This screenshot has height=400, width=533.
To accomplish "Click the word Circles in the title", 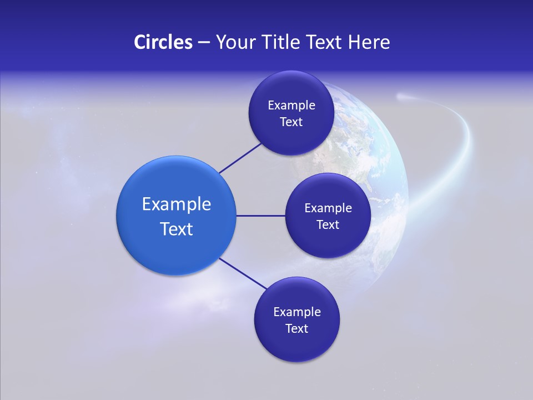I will (163, 42).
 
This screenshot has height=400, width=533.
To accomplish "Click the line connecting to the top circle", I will (240, 158).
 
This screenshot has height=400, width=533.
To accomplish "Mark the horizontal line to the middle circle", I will (260, 216).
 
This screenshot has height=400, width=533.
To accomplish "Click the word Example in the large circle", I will (177, 204).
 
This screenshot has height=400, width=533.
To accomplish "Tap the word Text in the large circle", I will (177, 229).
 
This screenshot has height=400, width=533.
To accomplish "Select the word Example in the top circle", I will (291, 106).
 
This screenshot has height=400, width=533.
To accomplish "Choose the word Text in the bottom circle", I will (296, 329).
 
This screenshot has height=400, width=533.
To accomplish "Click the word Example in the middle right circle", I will (328, 208).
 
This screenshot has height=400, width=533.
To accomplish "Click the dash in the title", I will (204, 42).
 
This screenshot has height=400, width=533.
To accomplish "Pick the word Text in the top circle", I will (291, 122).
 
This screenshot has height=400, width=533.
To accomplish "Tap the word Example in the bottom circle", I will (297, 312).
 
